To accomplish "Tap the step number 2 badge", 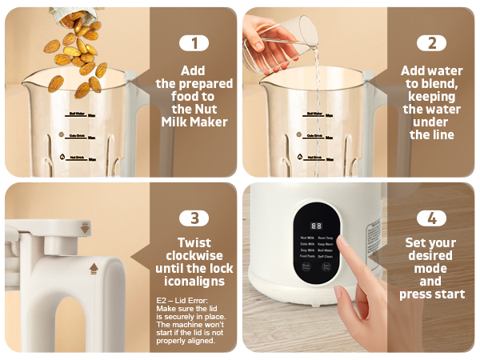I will pyautogui.click(x=432, y=43).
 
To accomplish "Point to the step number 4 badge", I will pyautogui.click(x=432, y=218).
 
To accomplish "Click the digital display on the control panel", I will pyautogui.click(x=316, y=226).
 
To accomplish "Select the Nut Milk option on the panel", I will pyautogui.click(x=307, y=238).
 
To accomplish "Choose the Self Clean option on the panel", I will pyautogui.click(x=326, y=257).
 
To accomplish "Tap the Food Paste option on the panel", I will pyautogui.click(x=307, y=257).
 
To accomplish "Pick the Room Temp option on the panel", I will pyautogui.click(x=326, y=238).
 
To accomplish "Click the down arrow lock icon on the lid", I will pyautogui.click(x=86, y=229).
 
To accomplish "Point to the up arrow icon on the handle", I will pyautogui.click(x=94, y=268).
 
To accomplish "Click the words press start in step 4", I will pyautogui.click(x=432, y=294).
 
